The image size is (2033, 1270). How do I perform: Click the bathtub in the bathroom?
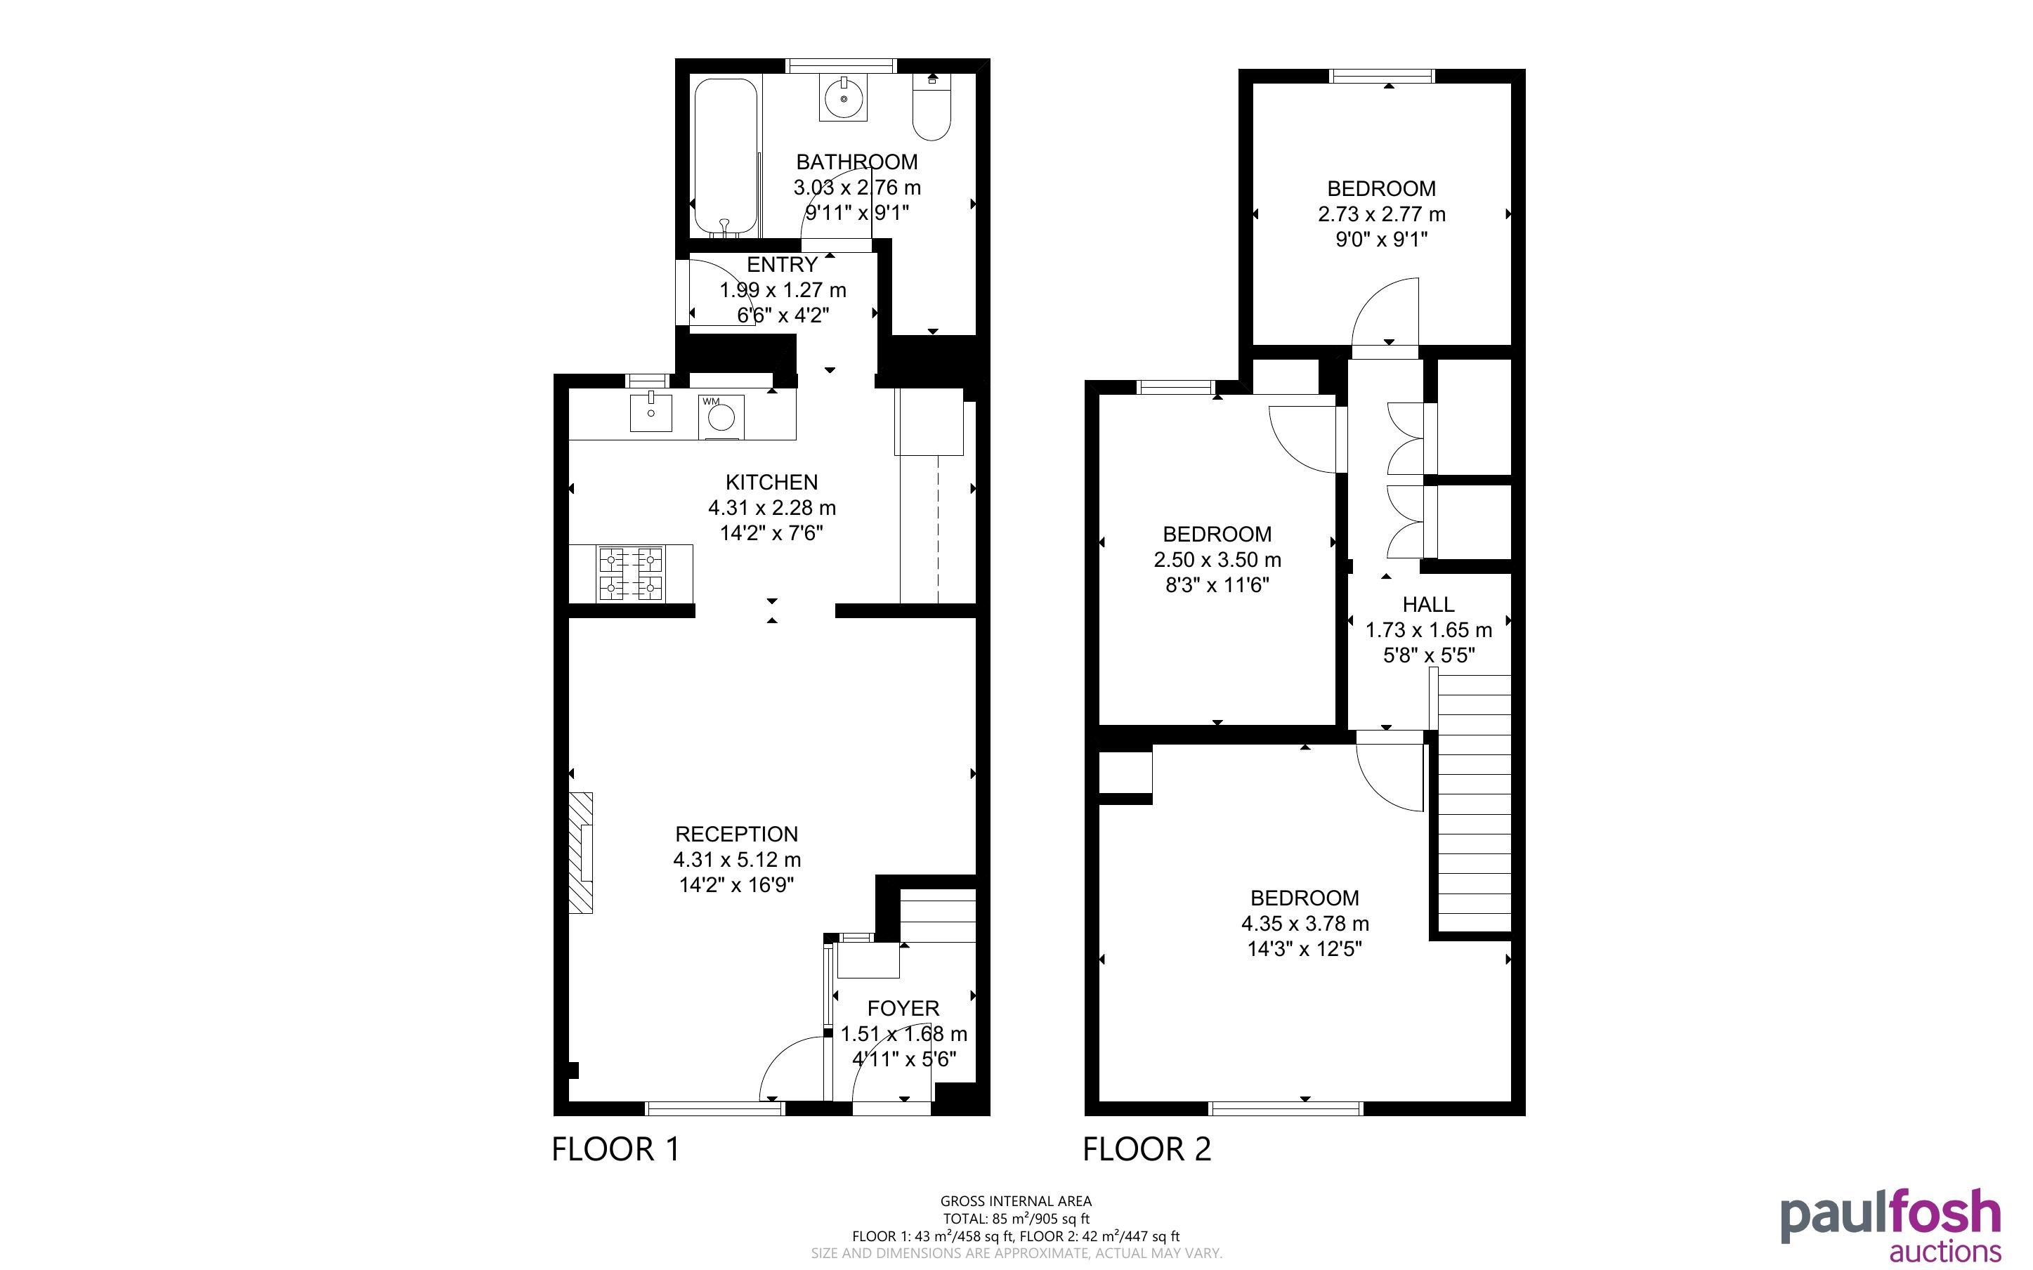tap(726, 158)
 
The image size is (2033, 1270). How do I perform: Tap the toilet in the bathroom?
tap(931, 107)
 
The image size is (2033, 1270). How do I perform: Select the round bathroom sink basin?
tap(843, 99)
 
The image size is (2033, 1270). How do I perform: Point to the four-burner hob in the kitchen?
tap(630, 574)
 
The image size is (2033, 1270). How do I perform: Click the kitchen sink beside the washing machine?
tap(651, 412)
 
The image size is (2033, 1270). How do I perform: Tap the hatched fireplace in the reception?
tap(581, 853)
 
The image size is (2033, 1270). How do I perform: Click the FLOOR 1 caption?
tap(615, 1149)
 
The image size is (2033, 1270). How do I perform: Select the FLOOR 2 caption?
tap(1147, 1149)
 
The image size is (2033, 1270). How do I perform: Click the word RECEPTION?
tap(736, 834)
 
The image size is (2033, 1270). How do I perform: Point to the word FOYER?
tap(903, 1008)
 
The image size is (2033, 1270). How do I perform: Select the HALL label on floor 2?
tap(1428, 605)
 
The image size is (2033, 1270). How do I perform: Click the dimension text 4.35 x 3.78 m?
tap(1305, 924)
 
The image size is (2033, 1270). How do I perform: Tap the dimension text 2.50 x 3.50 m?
tap(1217, 559)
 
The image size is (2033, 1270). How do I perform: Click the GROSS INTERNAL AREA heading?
tap(1016, 1201)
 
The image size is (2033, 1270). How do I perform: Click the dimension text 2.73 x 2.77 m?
tap(1381, 214)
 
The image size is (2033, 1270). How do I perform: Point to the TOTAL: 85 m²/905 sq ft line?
tap(1016, 1219)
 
